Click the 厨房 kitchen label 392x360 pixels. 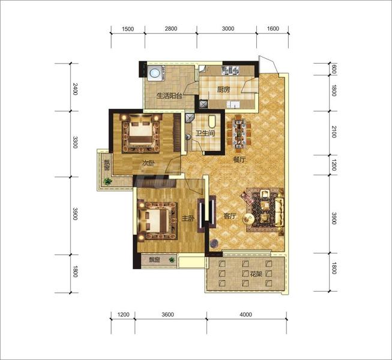(x=223, y=89)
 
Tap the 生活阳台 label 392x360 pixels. (x=169, y=95)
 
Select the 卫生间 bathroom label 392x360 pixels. (x=205, y=133)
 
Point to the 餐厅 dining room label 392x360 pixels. (x=240, y=160)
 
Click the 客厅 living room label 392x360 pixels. (x=229, y=216)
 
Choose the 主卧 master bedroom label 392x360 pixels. (x=188, y=218)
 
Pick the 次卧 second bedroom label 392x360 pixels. (x=148, y=163)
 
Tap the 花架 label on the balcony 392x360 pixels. (x=256, y=274)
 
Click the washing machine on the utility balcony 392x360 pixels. (x=155, y=73)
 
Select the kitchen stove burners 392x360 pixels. (x=231, y=70)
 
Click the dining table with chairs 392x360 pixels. (x=240, y=133)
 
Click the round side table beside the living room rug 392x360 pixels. (x=249, y=219)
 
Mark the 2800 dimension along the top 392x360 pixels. (x=171, y=28)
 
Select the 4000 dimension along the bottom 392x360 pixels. (x=246, y=314)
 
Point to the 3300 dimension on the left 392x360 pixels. (x=75, y=142)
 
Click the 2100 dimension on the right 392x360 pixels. (x=334, y=132)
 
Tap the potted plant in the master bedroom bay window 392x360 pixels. (x=172, y=260)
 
